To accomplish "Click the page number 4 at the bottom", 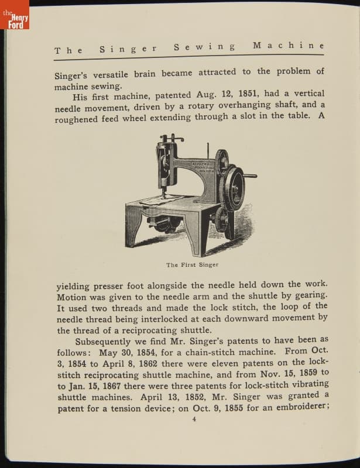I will tap(194, 419).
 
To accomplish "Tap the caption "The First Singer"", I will tap(192, 265).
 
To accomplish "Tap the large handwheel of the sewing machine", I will tap(234, 188).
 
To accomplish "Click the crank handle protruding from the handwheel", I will tap(251, 175).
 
